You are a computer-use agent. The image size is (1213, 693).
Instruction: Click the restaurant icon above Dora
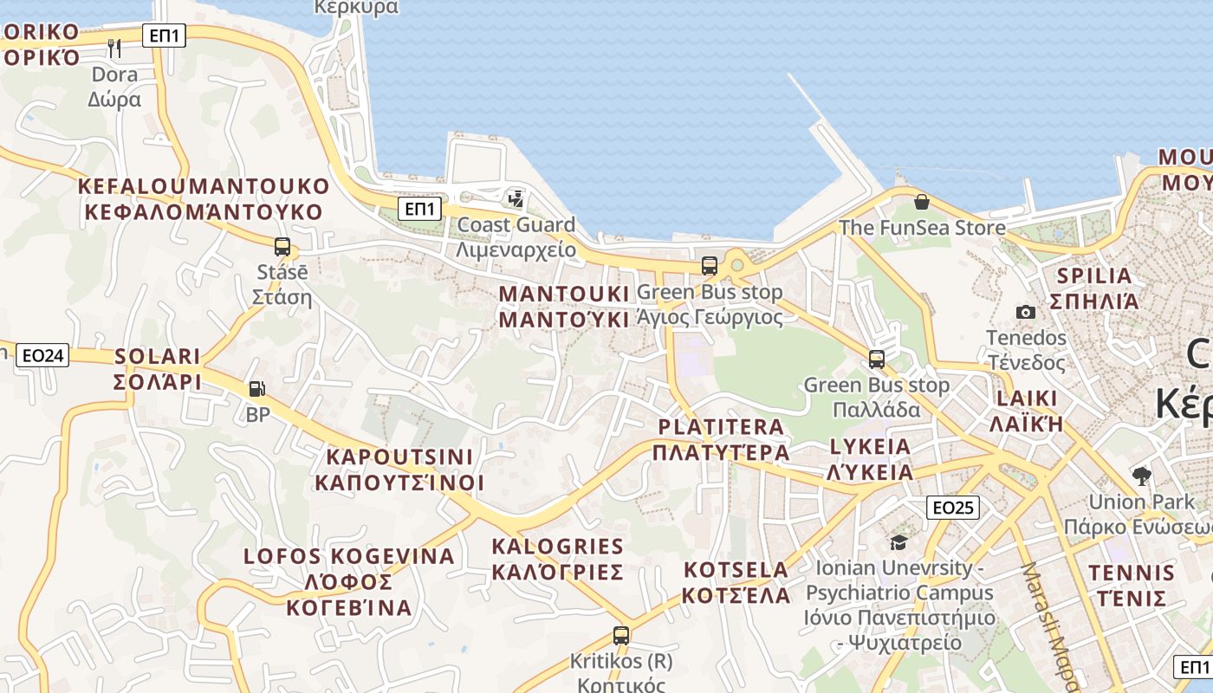click(114, 48)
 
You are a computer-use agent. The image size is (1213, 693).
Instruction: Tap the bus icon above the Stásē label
click(282, 246)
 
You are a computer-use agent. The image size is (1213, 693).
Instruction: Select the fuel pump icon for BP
click(256, 389)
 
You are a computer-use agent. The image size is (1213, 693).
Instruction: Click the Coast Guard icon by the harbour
click(516, 198)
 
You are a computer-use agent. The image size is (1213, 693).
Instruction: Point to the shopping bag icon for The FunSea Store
click(921, 202)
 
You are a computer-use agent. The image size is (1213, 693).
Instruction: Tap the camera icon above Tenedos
click(1026, 312)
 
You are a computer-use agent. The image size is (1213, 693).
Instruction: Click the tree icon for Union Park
click(1142, 475)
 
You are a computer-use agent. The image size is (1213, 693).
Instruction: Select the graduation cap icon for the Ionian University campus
click(898, 542)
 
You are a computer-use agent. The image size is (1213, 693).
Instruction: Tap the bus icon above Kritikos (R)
click(620, 635)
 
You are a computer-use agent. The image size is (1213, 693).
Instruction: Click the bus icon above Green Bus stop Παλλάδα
click(877, 359)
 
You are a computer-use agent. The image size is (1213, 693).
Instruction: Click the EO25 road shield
click(953, 508)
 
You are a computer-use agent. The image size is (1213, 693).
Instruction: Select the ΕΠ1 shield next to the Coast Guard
click(421, 209)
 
